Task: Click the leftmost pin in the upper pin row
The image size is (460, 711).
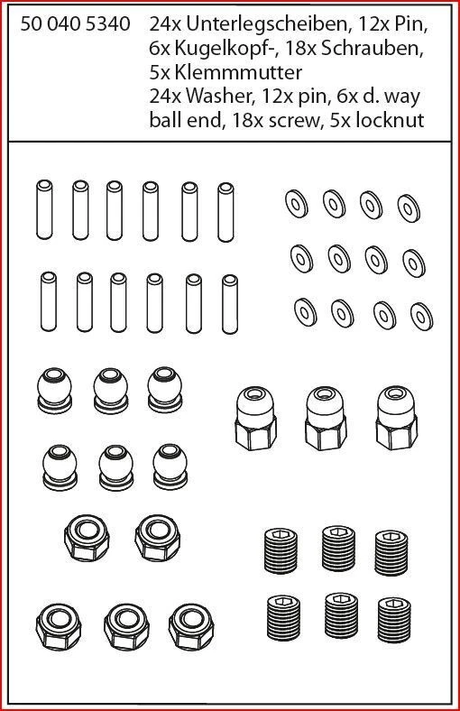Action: coord(42,208)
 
